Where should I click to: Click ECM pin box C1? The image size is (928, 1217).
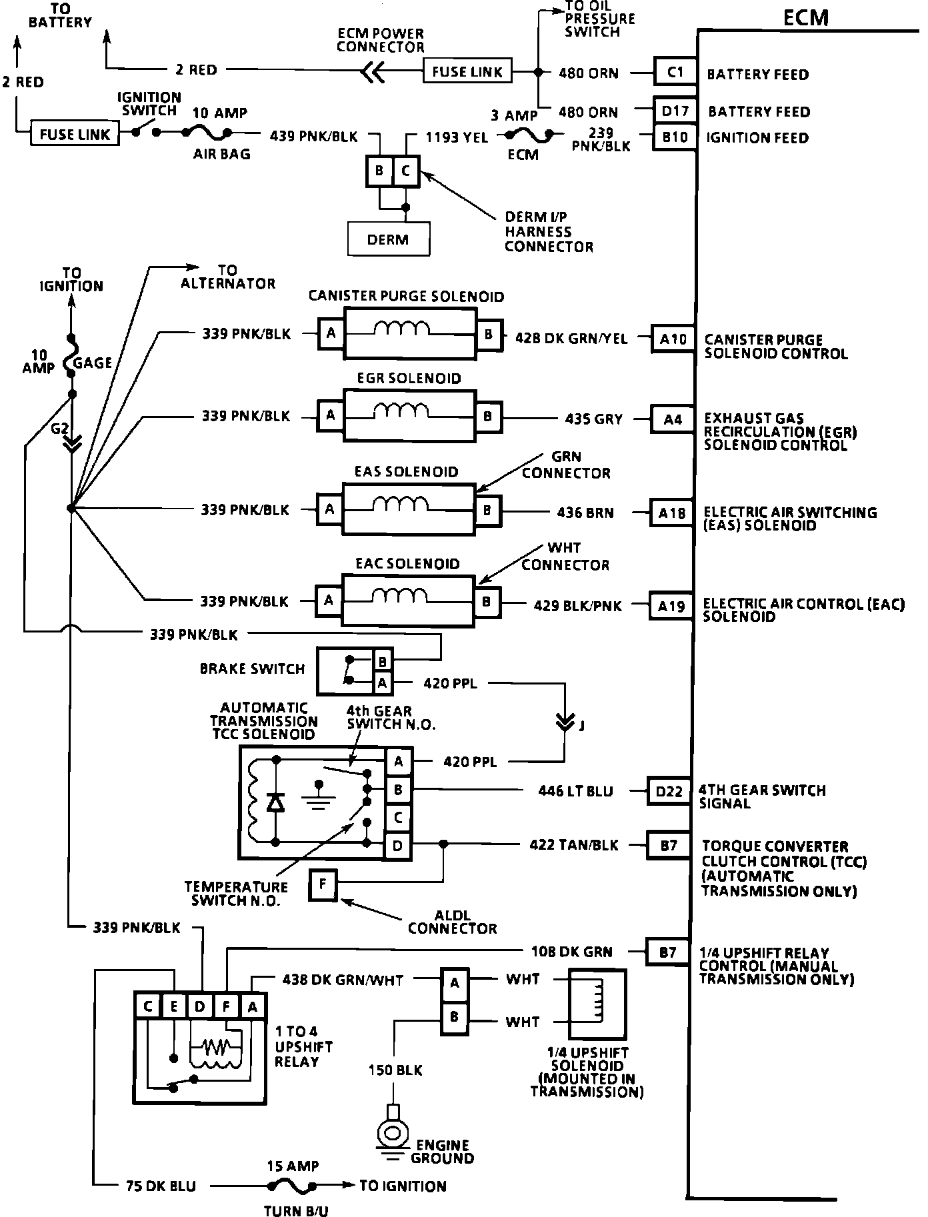675,72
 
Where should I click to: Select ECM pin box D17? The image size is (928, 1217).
675,111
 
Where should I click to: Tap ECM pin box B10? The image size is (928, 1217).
675,137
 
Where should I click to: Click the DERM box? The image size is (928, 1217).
389,239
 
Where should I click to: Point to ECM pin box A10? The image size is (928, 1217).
673,339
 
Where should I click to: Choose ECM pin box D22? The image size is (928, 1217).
669,791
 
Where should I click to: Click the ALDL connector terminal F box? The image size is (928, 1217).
323,885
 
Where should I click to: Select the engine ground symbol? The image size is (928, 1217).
393,1133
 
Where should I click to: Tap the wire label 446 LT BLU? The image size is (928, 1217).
575,791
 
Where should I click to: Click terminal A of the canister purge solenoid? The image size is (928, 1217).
331,333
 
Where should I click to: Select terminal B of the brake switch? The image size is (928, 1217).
383,662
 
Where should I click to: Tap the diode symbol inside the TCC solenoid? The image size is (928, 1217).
275,802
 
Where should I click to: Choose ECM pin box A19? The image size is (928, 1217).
671,607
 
